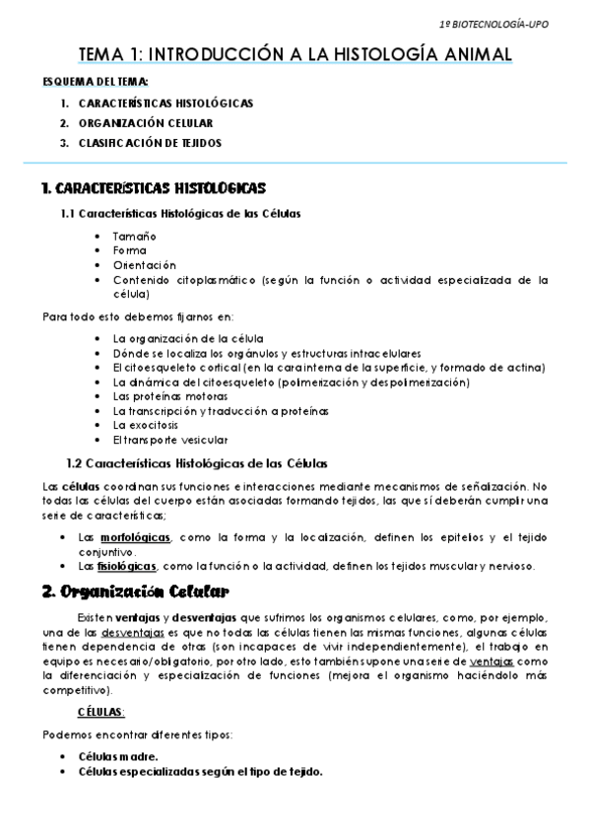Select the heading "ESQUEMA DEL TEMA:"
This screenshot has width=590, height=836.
pyautogui.click(x=97, y=84)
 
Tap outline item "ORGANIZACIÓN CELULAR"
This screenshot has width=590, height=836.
pyautogui.click(x=146, y=123)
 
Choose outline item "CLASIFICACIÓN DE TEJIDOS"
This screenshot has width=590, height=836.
pyautogui.click(x=150, y=143)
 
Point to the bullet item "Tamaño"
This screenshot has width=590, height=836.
pyautogui.click(x=134, y=237)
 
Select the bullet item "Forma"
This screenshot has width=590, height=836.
pyautogui.click(x=129, y=250)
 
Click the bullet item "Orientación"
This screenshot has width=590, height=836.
pyautogui.click(x=144, y=264)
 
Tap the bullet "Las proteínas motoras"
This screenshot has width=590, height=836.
pyautogui.click(x=165, y=395)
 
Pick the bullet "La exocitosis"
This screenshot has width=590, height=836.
pyautogui.click(x=146, y=424)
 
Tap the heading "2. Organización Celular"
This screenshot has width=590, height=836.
pyautogui.click(x=135, y=592)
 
